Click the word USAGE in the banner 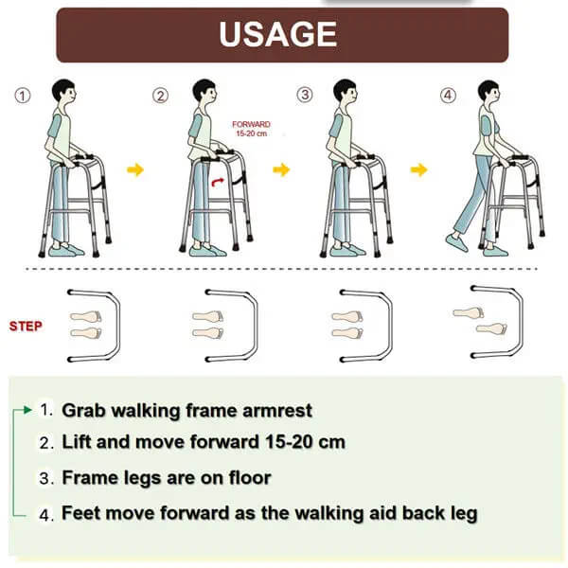pyautogui.click(x=277, y=34)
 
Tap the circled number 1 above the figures pyautogui.click(x=24, y=95)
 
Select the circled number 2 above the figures pyautogui.click(x=162, y=95)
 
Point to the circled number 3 pyautogui.click(x=304, y=95)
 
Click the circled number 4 pyautogui.click(x=447, y=95)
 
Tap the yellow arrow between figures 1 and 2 pyautogui.click(x=135, y=169)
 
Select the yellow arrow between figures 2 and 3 pyautogui.click(x=281, y=169)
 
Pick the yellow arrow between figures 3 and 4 pyautogui.click(x=419, y=169)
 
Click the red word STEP pyautogui.click(x=26, y=327)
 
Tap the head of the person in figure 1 pyautogui.click(x=63, y=94)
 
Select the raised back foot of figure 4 pyautogui.click(x=456, y=241)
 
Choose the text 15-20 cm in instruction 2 pyautogui.click(x=298, y=442)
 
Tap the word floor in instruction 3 pyautogui.click(x=249, y=478)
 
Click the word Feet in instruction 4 pyautogui.click(x=81, y=514)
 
